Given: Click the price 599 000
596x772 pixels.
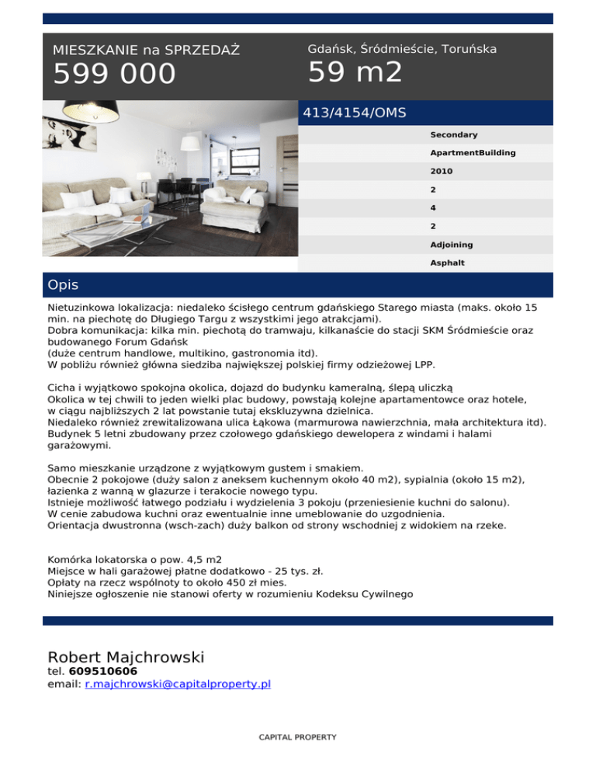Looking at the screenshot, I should tap(114, 75).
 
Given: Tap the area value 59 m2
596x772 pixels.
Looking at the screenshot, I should tap(355, 72).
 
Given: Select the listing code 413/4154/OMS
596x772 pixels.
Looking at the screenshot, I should tap(354, 113).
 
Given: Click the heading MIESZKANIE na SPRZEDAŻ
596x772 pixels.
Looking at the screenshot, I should tap(146, 50).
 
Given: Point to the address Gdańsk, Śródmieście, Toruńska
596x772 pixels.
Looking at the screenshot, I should tap(402, 49).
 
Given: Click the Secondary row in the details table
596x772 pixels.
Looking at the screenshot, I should tap(453, 135).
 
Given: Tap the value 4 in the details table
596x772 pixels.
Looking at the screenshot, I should tap(433, 208).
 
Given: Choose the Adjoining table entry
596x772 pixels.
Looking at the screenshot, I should tap(452, 245).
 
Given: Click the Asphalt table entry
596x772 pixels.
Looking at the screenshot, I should tap(447, 263).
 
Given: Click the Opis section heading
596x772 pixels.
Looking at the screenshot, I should tap(63, 285).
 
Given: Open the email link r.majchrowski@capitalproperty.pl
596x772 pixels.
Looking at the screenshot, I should tap(178, 684).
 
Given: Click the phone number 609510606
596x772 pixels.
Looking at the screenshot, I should tap(103, 671).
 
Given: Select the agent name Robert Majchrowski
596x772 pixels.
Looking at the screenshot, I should tap(126, 657).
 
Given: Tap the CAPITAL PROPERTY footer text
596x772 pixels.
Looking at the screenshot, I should tap(298, 736).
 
